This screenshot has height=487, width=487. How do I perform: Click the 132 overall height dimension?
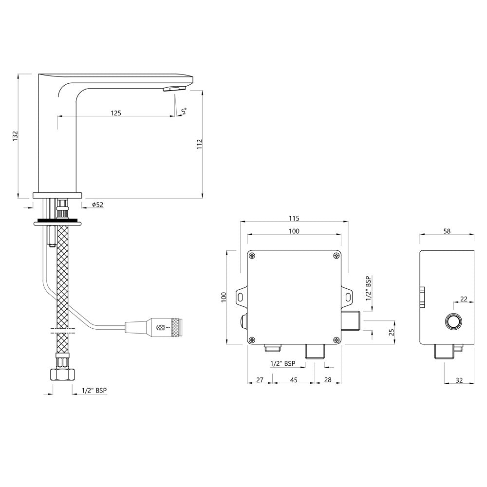click(15, 136)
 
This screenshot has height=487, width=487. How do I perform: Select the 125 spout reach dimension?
click(115, 113)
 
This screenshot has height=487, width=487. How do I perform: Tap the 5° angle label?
click(184, 112)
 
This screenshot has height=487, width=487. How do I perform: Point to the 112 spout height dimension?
click(199, 144)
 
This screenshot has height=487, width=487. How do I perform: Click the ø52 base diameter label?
click(97, 205)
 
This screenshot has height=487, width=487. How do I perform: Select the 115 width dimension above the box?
click(294, 218)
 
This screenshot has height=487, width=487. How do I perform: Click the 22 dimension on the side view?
click(463, 299)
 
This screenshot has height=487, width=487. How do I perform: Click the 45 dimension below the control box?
click(294, 379)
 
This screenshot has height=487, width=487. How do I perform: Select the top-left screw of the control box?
click(252, 256)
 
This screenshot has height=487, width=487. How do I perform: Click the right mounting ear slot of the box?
click(348, 297)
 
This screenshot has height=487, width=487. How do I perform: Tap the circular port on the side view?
click(454, 321)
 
